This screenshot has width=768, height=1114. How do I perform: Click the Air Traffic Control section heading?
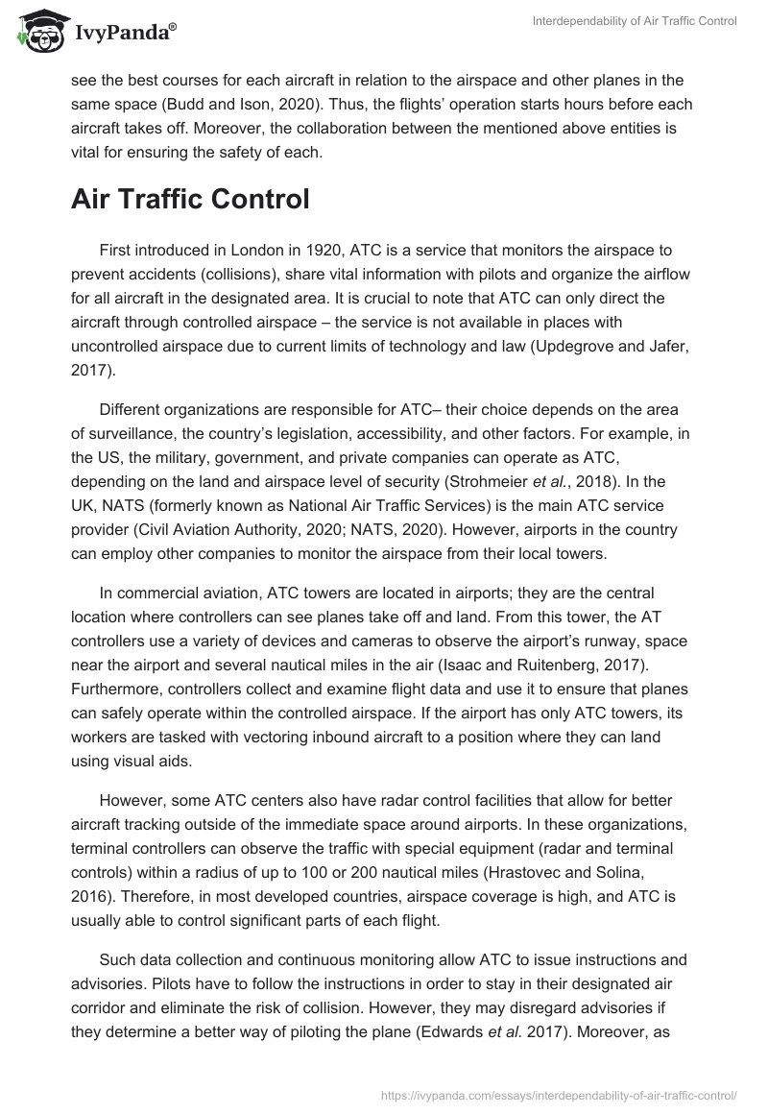point(190,199)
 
